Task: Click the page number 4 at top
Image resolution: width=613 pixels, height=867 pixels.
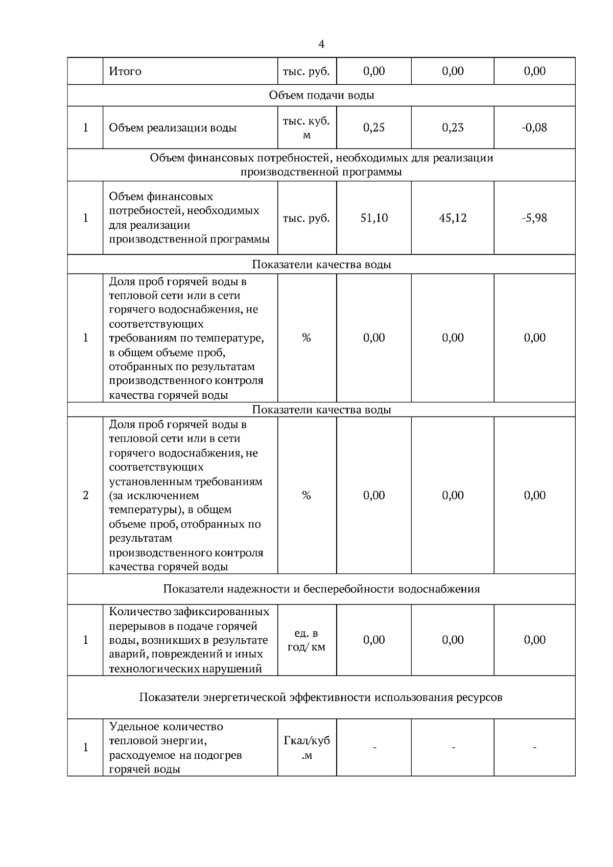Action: [321, 44]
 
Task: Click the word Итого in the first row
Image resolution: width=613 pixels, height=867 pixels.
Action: [125, 71]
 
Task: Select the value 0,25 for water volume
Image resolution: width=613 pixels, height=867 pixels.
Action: [374, 128]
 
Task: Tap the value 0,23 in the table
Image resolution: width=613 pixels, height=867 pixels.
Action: [453, 128]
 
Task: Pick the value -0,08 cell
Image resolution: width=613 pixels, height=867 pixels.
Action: [534, 128]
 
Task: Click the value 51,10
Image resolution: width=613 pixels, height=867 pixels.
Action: [374, 218]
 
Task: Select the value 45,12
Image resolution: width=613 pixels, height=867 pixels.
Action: [453, 218]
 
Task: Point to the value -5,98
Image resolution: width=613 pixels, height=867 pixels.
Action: [534, 218]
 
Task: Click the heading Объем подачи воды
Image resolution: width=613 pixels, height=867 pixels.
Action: [321, 95]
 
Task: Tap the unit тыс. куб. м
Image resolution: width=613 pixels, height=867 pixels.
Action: [306, 128]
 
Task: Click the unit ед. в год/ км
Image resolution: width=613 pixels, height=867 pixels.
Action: [306, 640]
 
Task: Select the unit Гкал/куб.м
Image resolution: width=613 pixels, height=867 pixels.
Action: [306, 748]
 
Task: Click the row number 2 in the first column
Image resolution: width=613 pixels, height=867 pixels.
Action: [85, 495]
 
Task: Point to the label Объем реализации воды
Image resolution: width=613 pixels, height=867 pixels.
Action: [173, 128]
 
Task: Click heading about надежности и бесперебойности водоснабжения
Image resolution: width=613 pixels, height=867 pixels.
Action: [321, 589]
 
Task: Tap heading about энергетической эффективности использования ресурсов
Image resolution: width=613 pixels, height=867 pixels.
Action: [321, 697]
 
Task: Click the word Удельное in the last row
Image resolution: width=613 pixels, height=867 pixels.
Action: [134, 726]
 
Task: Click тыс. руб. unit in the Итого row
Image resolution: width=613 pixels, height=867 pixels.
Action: [306, 71]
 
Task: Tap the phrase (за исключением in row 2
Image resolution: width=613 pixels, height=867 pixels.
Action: [154, 495]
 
